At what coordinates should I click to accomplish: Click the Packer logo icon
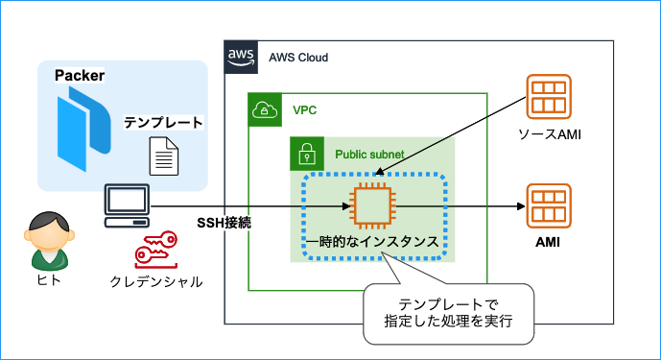tap(78, 127)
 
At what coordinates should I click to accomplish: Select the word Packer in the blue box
tap(80, 76)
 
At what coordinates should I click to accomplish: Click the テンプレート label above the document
tap(163, 123)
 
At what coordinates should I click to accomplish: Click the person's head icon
tap(47, 230)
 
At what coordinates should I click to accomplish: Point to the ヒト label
tap(48, 280)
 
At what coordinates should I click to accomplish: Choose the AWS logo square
tap(239, 57)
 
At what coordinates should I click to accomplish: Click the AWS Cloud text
tap(298, 58)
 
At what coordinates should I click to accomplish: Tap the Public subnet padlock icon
tap(306, 153)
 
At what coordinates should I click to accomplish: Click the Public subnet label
tap(369, 154)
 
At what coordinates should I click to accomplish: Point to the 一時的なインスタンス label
tap(375, 243)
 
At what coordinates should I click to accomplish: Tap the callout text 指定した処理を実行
tap(447, 324)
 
